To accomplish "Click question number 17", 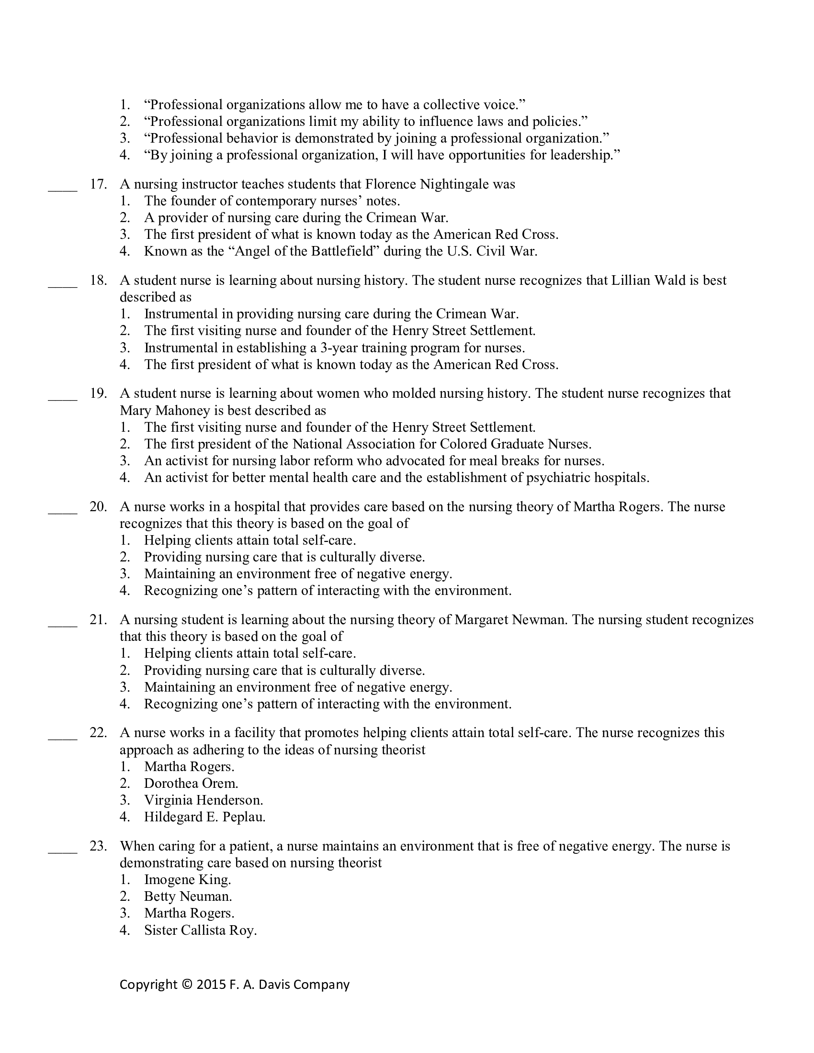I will click(x=98, y=184).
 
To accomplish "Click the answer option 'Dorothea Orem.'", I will click(x=191, y=784).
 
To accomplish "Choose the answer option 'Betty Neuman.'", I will click(x=188, y=896).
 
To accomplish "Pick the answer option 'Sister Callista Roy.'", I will click(x=200, y=930).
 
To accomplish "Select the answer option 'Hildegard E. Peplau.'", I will click(x=204, y=817).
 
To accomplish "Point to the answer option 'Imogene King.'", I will click(x=188, y=879).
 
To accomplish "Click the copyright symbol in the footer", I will click(x=187, y=985).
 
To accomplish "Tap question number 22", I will click(x=98, y=733).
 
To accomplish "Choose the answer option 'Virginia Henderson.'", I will click(x=203, y=800).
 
